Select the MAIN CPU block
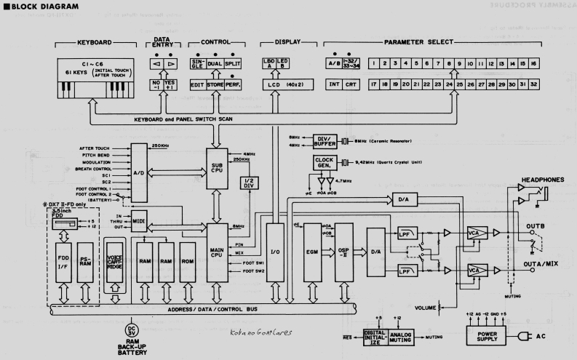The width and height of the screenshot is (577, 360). [x=217, y=248]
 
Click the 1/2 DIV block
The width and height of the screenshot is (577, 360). [x=247, y=180]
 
